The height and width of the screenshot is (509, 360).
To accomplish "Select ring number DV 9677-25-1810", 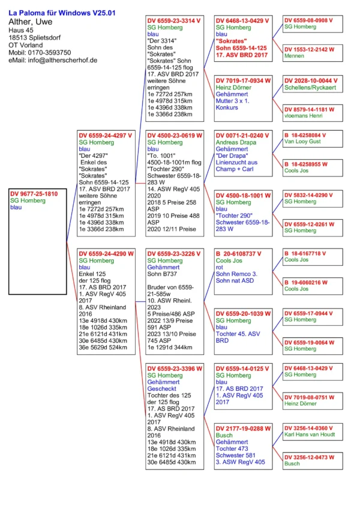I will (34, 194).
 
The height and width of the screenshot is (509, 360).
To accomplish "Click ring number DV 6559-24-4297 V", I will (105, 134).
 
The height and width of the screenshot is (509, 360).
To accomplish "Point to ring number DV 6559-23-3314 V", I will (175, 20).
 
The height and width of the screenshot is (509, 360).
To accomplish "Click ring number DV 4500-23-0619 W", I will (175, 135).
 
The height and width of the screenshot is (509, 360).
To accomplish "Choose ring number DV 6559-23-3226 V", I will (174, 253).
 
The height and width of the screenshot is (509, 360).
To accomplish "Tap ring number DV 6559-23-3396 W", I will (175, 368).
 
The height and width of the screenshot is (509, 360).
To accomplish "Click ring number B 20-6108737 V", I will (242, 253).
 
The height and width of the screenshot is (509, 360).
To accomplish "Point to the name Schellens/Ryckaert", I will (311, 88).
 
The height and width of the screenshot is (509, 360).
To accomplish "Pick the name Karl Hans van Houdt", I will (312, 434).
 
